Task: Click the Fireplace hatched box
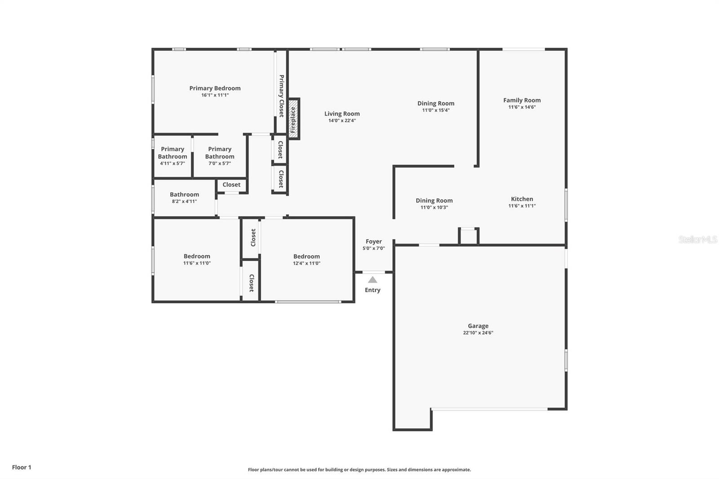point(293,119)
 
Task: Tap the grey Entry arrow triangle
point(373,280)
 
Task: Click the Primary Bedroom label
point(215,88)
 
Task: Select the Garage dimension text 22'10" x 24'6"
point(478,333)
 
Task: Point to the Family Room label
point(522,100)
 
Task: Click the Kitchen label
point(522,199)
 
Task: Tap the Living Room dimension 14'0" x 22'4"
point(342,120)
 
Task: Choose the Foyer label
point(373,241)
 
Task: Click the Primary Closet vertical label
point(281,96)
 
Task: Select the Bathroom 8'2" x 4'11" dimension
point(184,201)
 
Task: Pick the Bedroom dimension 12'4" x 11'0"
point(306,263)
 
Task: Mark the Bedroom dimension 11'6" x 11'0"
point(197,263)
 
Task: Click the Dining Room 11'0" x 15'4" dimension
point(435,110)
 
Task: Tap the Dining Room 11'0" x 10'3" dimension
point(434,208)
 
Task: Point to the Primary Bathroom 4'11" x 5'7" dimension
point(173,164)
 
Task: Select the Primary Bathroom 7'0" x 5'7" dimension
point(220,164)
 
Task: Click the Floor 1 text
point(22,467)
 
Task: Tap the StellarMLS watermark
point(698,239)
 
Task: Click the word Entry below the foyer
point(373,290)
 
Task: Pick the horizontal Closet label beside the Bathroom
point(231,185)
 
